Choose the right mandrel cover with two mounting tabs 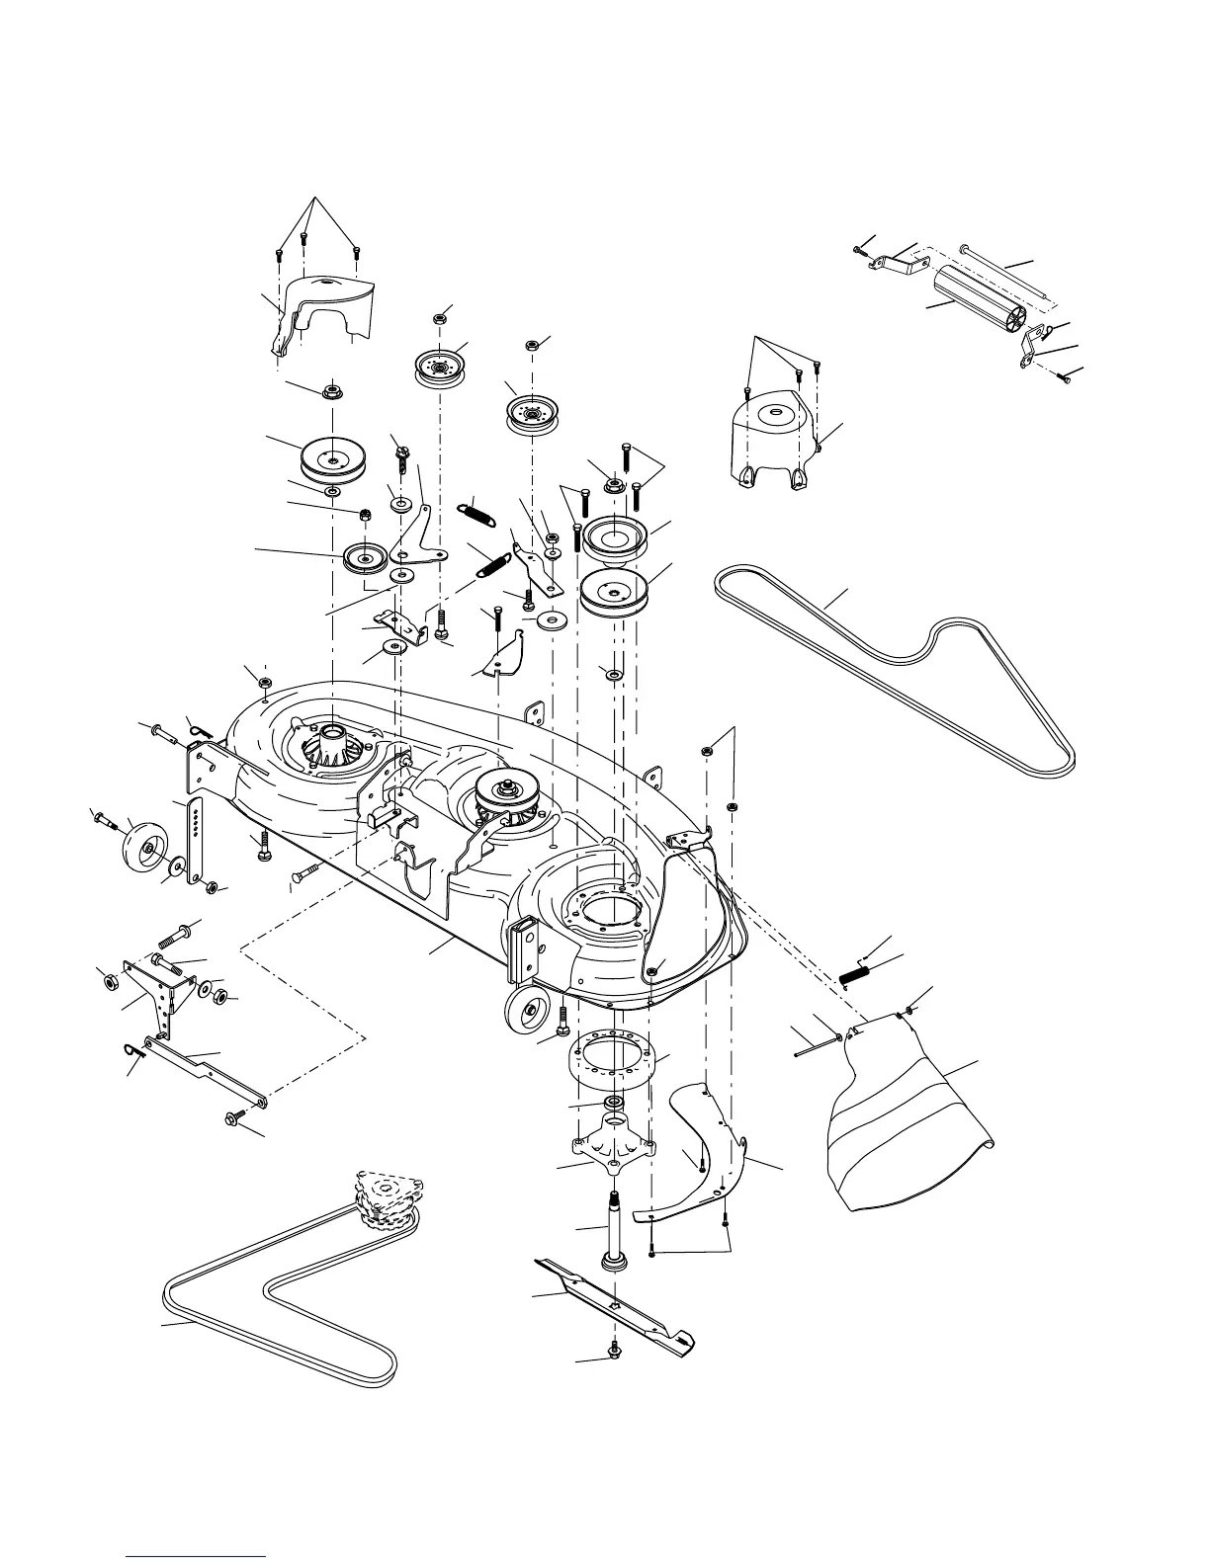point(774,441)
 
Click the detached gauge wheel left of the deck point(144,849)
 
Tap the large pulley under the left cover point(331,457)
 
